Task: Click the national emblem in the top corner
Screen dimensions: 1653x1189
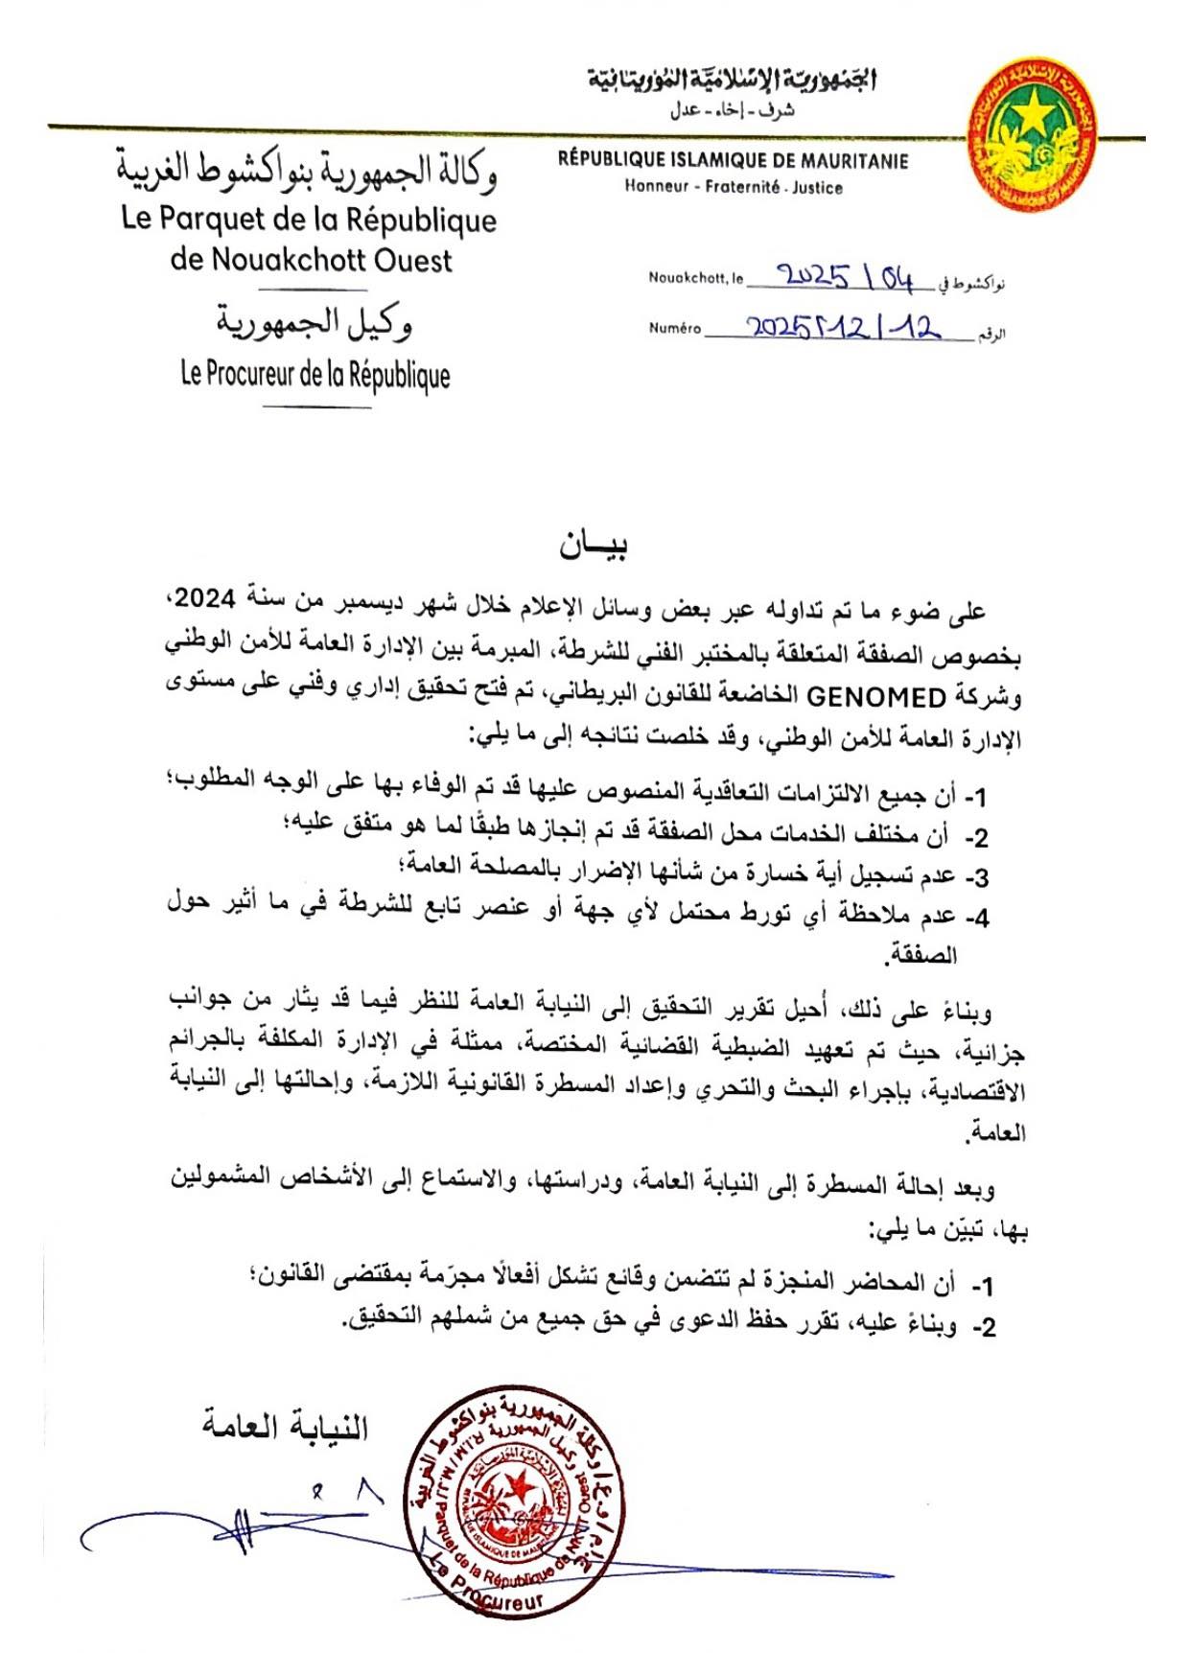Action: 1033,134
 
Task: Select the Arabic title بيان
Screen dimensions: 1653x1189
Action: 594,546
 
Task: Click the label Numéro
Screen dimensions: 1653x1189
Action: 674,328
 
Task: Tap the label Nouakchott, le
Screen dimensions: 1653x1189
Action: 695,278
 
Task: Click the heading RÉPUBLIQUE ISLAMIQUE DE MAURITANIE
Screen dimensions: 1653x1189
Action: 733,161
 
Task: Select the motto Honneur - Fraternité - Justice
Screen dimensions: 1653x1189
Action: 733,187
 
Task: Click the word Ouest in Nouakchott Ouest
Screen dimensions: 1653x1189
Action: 413,261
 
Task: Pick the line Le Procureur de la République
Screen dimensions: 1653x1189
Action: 315,374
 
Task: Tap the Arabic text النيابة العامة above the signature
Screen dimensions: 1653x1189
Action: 285,1427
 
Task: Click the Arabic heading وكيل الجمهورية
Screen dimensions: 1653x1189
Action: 314,324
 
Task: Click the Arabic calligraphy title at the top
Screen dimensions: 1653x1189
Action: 733,80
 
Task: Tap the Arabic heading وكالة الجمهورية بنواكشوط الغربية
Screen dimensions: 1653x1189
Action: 307,170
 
